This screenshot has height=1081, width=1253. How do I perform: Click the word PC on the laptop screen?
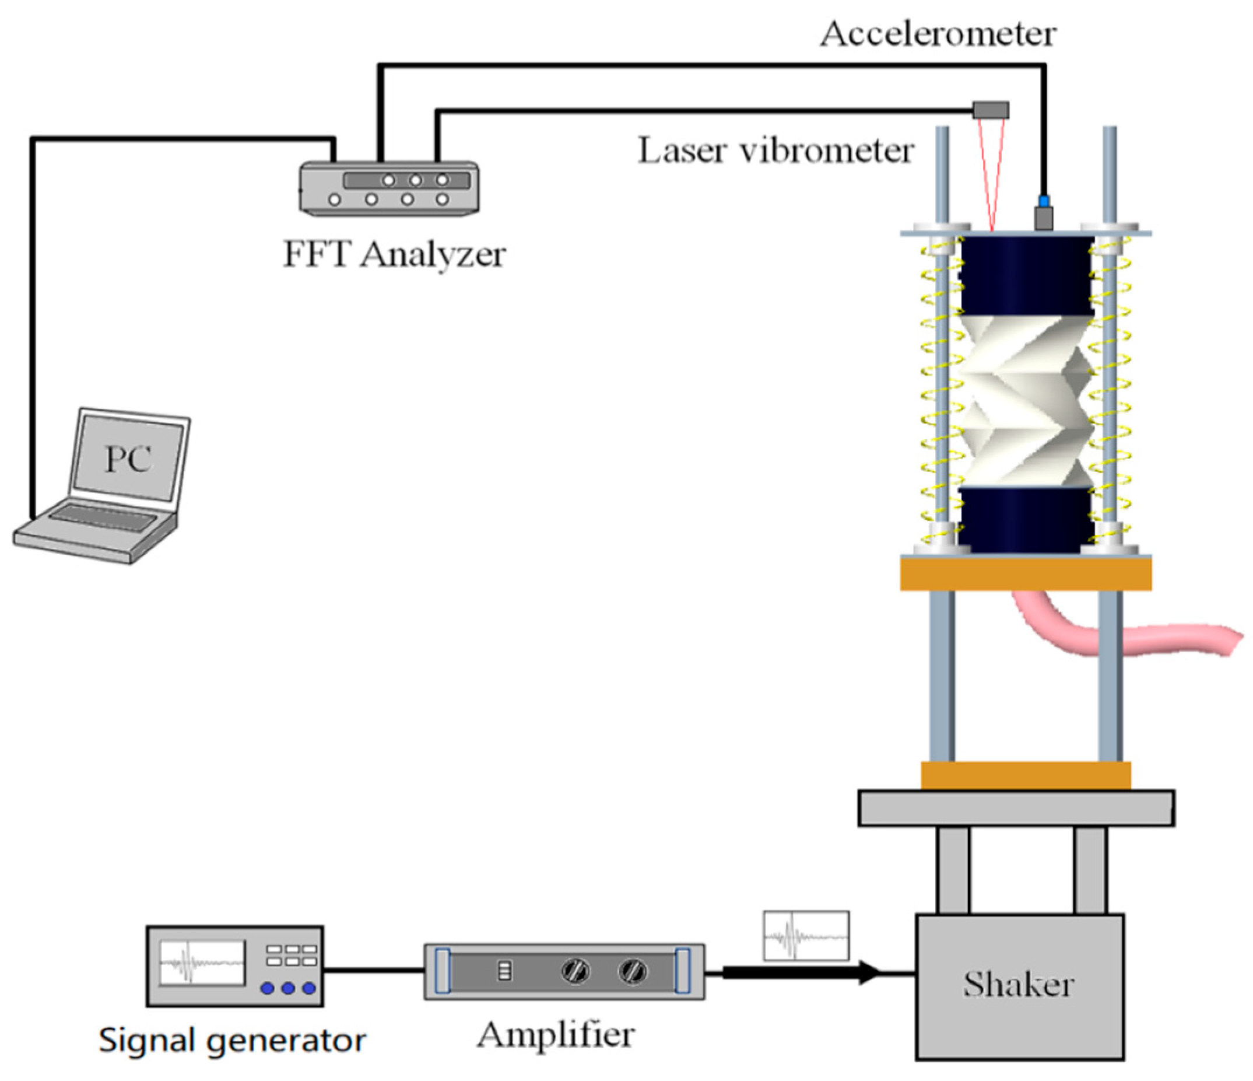point(128,459)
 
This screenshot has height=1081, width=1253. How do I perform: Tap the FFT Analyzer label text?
point(394,255)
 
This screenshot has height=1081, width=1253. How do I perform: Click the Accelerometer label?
point(938,34)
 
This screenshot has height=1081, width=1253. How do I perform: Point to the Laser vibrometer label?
point(775,150)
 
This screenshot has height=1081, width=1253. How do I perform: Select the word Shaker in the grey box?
point(1019,984)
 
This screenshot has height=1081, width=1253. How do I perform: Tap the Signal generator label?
point(232,1040)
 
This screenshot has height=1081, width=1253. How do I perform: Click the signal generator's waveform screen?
point(202,962)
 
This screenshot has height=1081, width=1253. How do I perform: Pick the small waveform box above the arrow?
point(806,936)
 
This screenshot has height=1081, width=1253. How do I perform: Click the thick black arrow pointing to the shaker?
point(798,972)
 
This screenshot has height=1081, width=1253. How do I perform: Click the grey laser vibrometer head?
point(991,110)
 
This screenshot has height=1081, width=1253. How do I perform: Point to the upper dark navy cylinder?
point(1026,275)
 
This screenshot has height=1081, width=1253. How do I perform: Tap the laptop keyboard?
point(103,517)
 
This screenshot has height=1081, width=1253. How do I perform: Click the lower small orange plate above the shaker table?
point(1026,775)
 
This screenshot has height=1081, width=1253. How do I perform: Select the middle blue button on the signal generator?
point(288,988)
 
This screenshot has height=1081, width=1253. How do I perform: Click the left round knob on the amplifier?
point(574,971)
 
